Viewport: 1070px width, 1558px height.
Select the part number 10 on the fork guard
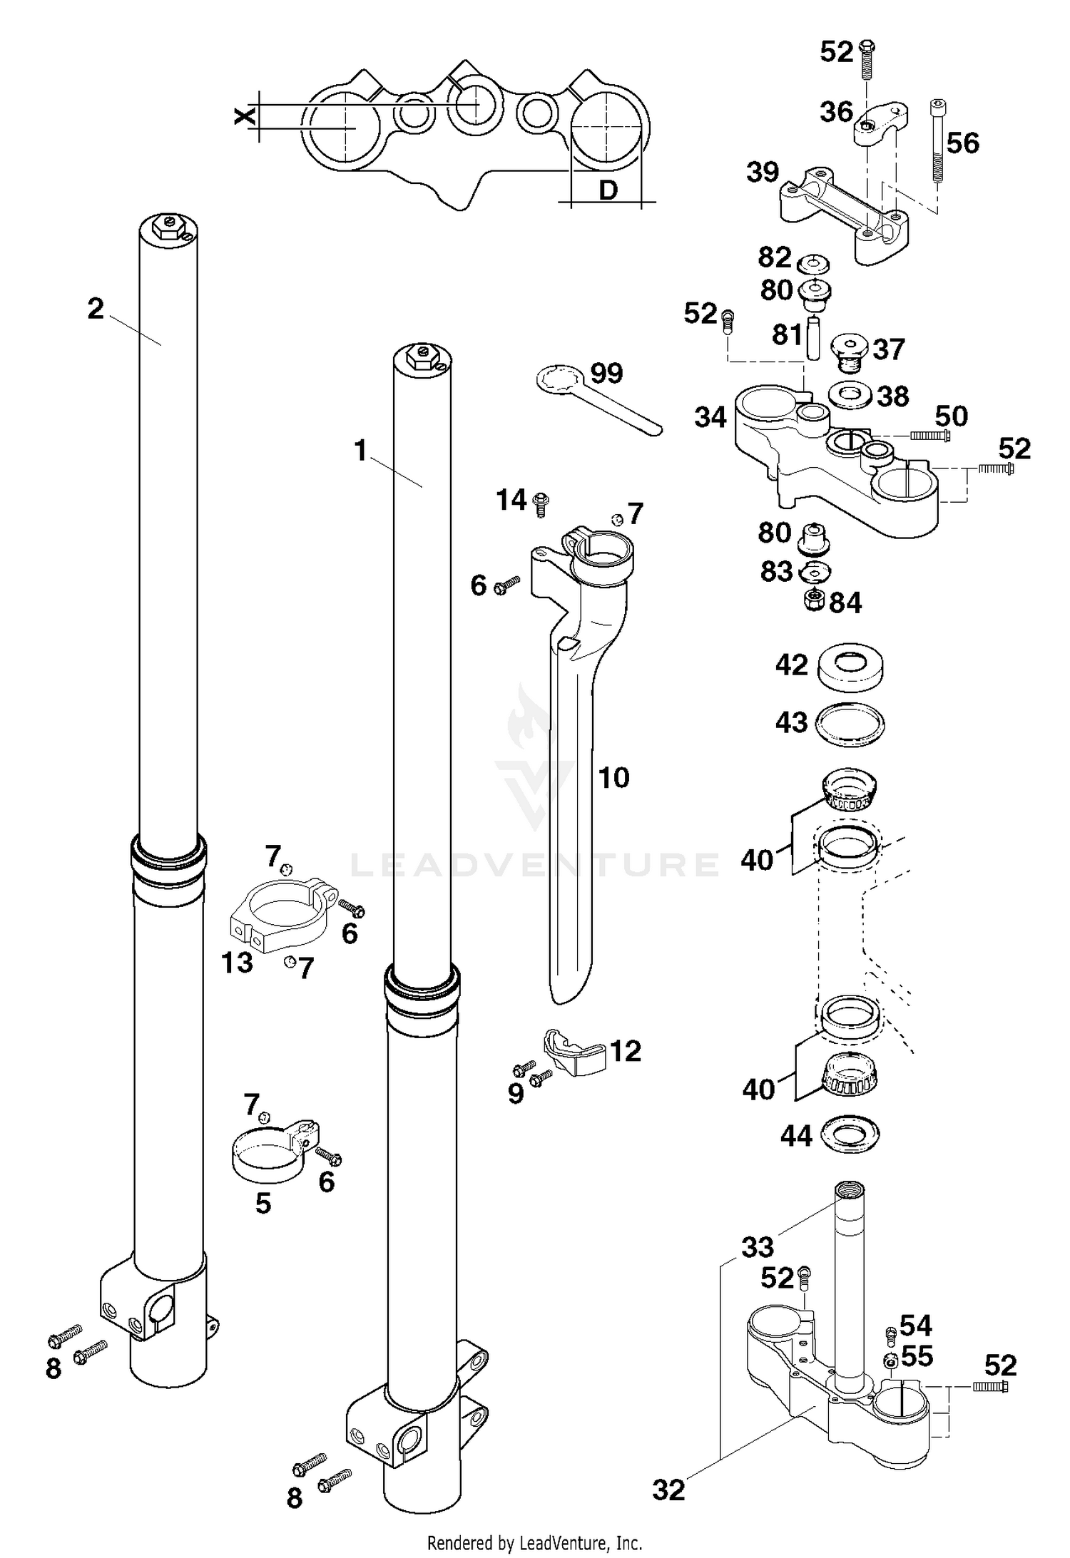point(613,778)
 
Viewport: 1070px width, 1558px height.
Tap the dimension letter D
point(608,190)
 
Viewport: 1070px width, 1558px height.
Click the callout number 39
point(763,172)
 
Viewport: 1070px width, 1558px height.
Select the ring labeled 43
point(850,724)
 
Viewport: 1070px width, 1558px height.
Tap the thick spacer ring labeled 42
point(850,667)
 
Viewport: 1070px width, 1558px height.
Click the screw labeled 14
point(541,504)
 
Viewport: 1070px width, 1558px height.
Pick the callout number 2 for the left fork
point(96,309)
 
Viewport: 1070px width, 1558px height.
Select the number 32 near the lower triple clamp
point(668,1490)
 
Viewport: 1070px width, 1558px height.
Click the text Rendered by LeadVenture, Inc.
point(534,1543)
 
